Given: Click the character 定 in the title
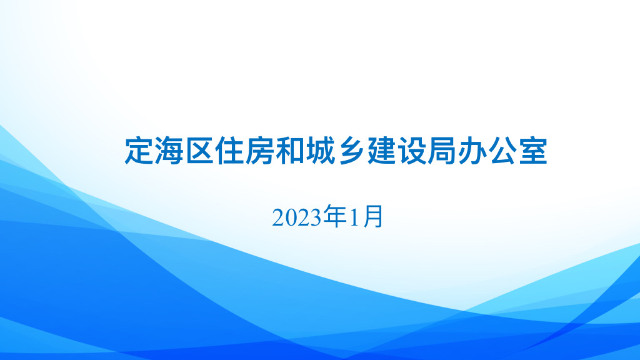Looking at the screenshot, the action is pos(139,151).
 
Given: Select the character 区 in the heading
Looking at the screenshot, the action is pos(199,151).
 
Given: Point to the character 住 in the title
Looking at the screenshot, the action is pos(230,151).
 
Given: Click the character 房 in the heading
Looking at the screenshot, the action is pos(260,151).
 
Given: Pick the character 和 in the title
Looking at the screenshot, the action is pos(290,151).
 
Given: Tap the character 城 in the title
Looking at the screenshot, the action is pos(321,151).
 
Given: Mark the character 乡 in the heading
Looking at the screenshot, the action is pos(351,151).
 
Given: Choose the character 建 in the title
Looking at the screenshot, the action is pos(382,151).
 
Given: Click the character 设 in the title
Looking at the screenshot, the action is pos(412,151).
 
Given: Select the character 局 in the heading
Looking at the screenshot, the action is pos(442,151).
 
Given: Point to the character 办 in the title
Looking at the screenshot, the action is pos(472,151).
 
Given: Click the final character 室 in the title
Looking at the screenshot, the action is pos(533,151).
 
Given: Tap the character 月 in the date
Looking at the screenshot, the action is pos(373,217).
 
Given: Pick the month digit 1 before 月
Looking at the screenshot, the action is pos(354,218).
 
